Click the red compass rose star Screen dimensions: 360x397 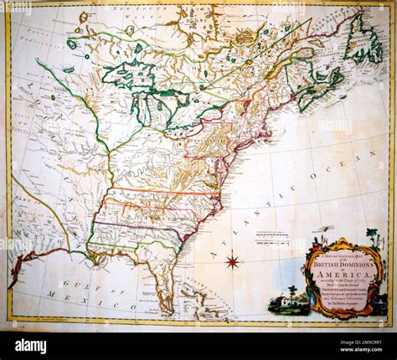[x=232, y=262]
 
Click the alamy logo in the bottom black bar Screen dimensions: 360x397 [x=31, y=346]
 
